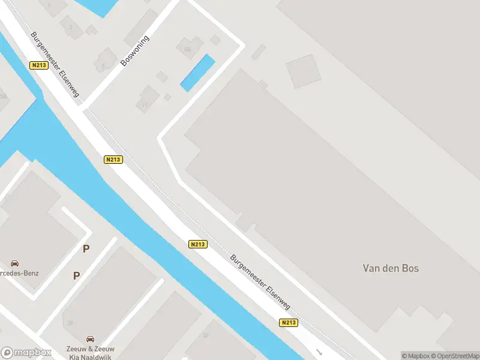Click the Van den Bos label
(391, 268)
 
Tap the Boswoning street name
(134, 50)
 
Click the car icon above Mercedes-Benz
(14, 263)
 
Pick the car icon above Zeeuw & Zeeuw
(91, 339)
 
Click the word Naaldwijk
(99, 356)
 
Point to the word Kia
(74, 356)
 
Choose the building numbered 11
(146, 100)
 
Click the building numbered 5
(105, 62)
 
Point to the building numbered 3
(72, 27)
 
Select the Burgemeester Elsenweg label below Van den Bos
(260, 281)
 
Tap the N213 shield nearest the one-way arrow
(289, 323)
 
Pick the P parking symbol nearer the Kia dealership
(76, 275)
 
